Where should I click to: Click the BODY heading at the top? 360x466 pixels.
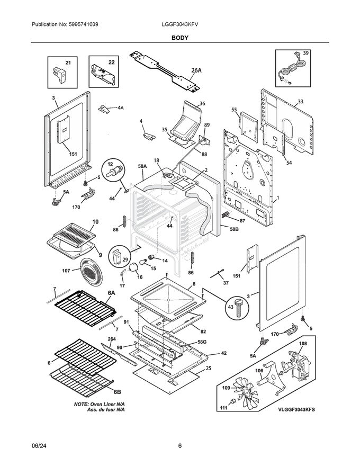coord(179,38)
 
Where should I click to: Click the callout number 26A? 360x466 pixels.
coord(196,70)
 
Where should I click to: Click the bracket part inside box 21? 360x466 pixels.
coord(59,75)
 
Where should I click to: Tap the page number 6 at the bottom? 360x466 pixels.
coord(180,446)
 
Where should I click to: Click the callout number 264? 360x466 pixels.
coord(112,339)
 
